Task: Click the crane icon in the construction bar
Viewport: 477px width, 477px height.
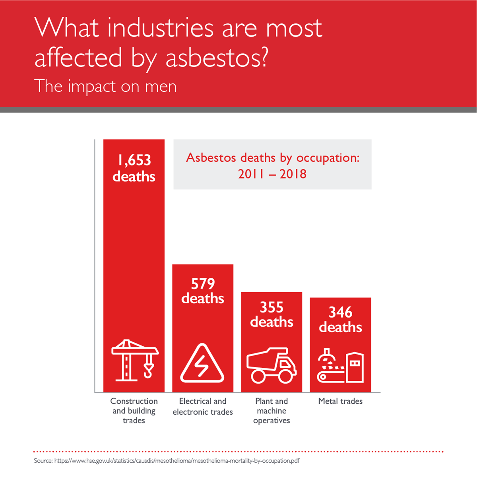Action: click(x=134, y=360)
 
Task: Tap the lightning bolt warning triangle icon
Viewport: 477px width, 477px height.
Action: click(x=202, y=364)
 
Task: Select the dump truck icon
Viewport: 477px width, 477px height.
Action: click(x=271, y=365)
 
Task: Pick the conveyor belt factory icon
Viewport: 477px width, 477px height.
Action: click(x=340, y=366)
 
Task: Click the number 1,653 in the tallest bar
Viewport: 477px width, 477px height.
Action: click(x=134, y=160)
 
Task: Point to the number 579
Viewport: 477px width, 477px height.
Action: click(x=203, y=284)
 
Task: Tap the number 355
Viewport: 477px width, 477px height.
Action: click(x=271, y=307)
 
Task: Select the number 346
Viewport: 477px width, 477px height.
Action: click(x=340, y=312)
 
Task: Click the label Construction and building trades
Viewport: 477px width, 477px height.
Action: click(x=134, y=411)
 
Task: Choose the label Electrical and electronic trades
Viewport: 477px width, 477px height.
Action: click(x=203, y=406)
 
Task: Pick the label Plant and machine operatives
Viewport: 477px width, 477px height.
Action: click(x=271, y=411)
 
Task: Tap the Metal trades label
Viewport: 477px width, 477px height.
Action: click(x=340, y=401)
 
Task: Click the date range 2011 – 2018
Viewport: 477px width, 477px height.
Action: click(x=272, y=174)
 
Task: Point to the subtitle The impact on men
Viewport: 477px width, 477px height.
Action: click(x=105, y=86)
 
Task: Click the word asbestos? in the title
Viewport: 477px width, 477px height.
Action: click(x=217, y=58)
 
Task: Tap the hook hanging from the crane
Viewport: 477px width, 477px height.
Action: click(x=148, y=371)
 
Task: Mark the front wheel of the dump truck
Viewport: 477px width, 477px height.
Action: click(x=285, y=376)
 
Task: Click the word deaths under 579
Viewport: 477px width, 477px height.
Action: click(x=203, y=299)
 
